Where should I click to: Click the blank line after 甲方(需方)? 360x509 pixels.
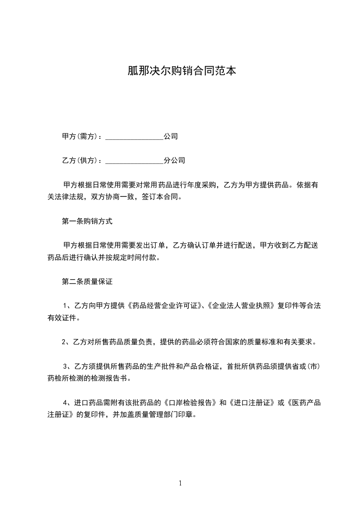click(134, 136)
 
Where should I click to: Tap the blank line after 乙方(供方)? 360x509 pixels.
click(134, 161)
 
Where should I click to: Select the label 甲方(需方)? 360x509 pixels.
click(81, 136)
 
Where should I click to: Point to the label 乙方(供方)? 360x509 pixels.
click(81, 161)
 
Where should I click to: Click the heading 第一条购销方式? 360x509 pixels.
click(87, 222)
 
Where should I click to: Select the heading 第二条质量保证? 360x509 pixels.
click(87, 282)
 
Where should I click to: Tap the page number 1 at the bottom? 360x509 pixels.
click(180, 483)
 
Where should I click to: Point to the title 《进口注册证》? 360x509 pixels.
click(252, 402)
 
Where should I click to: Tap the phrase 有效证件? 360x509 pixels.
click(63, 318)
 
